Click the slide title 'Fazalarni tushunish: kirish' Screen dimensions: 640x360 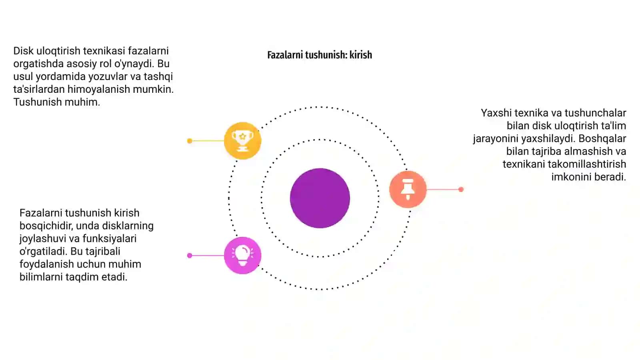tap(320, 55)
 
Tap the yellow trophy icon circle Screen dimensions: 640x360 tap(242, 140)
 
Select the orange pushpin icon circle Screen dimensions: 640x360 tap(408, 189)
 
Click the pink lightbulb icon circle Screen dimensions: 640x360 tap(242, 256)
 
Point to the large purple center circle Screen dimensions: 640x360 tap(320, 198)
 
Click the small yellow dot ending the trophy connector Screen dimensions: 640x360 tap(190, 141)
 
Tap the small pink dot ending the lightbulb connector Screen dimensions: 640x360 tap(190, 256)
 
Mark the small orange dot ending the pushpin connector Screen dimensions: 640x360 tap(461, 190)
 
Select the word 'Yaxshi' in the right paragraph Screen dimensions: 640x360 tap(496, 113)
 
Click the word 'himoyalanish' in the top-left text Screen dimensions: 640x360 tap(99, 90)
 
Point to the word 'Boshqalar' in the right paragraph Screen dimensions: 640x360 tap(602, 138)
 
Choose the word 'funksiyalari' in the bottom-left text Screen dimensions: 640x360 tap(110, 238)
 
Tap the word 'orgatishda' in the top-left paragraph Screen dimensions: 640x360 tap(38, 64)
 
